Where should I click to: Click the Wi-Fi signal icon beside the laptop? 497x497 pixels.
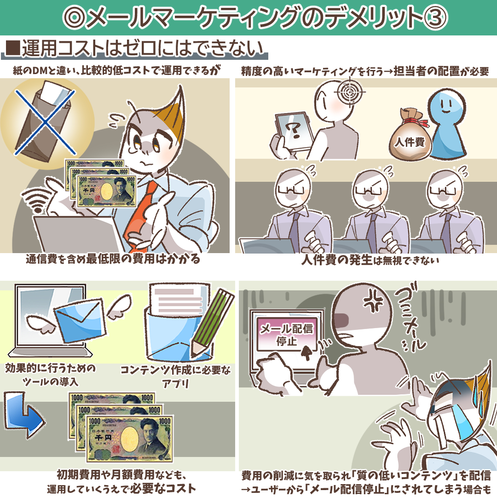(x=35, y=200)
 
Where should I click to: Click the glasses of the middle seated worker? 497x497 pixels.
(x=369, y=190)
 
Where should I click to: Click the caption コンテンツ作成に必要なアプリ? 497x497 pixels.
(x=176, y=377)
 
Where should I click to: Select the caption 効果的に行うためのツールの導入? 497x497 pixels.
(x=51, y=375)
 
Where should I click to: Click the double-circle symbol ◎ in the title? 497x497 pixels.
(x=75, y=17)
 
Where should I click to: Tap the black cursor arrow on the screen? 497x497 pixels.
(x=306, y=353)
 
